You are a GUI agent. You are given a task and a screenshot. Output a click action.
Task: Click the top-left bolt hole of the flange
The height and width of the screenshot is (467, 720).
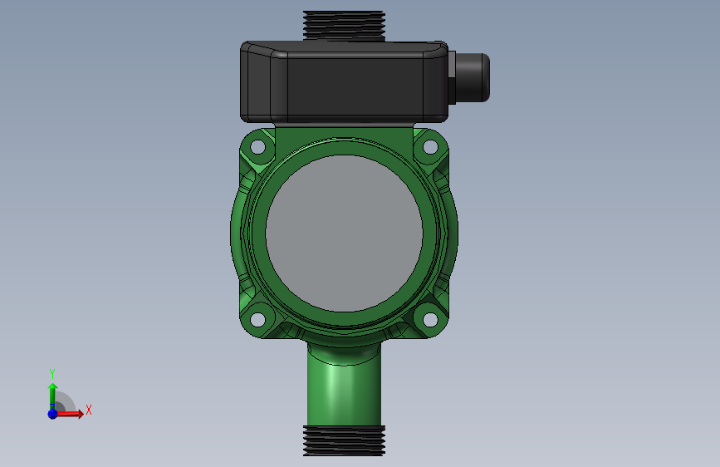[x=258, y=147]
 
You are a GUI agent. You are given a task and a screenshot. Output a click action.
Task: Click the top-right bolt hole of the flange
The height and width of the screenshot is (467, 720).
[x=430, y=147]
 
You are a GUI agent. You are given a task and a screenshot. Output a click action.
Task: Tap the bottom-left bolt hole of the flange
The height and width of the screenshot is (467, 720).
[x=257, y=319]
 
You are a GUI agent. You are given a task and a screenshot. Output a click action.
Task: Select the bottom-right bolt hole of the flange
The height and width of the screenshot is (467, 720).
[x=430, y=319]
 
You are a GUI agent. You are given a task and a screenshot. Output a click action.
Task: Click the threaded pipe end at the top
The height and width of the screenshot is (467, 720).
[x=344, y=26]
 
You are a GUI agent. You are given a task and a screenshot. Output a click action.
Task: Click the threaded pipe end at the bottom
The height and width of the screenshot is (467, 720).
[x=344, y=440]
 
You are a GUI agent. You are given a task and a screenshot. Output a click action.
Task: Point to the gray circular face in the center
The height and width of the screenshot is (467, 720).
[x=344, y=233]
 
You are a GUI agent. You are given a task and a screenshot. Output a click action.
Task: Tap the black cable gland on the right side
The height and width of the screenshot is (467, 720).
[x=473, y=77]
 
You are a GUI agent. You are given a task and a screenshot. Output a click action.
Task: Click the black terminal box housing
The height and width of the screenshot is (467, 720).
[x=344, y=81]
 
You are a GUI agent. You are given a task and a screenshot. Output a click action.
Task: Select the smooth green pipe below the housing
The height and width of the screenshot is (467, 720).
[x=344, y=391]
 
